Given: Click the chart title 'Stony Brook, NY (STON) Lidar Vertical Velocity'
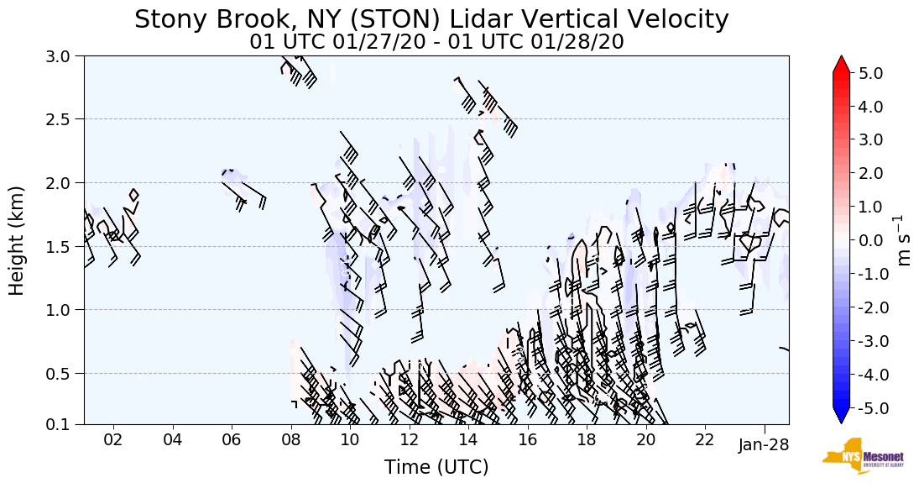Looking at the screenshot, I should click(431, 19).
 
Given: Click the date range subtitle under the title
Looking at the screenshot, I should click(436, 42).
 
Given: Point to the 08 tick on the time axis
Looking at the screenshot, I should click(291, 440).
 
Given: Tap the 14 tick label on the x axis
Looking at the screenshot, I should click(468, 440).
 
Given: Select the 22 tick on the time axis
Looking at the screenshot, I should click(705, 440).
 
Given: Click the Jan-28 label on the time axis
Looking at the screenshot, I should click(764, 445).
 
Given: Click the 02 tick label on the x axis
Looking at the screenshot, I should click(113, 440).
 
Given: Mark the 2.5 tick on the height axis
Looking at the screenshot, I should click(60, 119).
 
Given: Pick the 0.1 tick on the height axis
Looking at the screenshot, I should click(60, 425).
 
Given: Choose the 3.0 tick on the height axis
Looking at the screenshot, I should click(60, 56).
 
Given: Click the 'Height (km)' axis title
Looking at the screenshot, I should click(17, 240).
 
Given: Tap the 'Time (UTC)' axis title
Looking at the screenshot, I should click(436, 468).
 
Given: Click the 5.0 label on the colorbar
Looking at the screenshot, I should click(871, 74).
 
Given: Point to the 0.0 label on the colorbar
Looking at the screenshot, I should click(871, 241).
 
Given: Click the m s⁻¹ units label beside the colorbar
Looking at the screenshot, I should click(904, 240).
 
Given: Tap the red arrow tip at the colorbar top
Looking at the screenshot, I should click(841, 63).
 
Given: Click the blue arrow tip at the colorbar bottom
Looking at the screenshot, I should click(841, 417).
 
